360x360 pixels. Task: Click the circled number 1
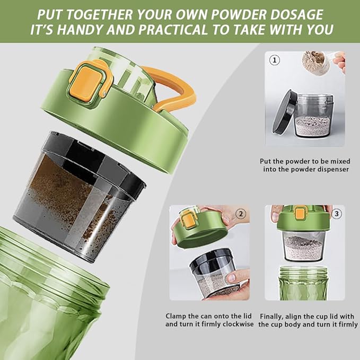274,60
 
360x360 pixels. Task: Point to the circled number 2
241,214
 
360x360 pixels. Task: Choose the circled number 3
337,214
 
